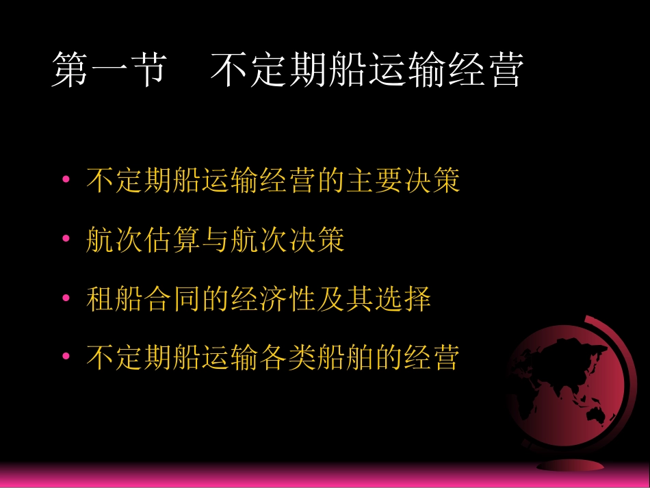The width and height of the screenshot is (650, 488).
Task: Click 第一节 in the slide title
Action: click(107, 71)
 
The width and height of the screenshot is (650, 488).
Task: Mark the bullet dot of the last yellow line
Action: click(66, 357)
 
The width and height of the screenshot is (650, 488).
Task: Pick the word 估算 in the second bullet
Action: click(172, 240)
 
